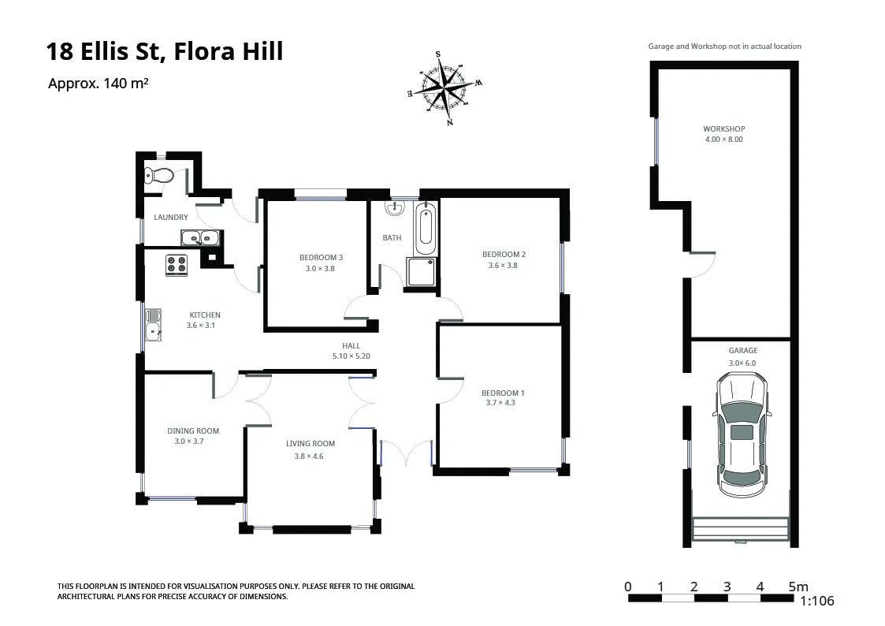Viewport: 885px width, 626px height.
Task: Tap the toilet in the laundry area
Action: (158, 176)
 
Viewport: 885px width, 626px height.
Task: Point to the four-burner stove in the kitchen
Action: (177, 265)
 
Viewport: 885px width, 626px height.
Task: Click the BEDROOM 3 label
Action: (321, 257)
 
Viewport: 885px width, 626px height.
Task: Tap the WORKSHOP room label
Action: (723, 129)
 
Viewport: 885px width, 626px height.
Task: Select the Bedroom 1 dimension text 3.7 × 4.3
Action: (500, 403)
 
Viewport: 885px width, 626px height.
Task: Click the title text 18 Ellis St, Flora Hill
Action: (165, 52)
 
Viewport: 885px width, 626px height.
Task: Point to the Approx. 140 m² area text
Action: (99, 84)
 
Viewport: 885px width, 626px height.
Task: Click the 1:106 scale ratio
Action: (816, 601)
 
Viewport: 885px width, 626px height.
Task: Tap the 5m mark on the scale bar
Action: (798, 587)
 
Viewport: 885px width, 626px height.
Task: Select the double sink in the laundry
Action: (199, 238)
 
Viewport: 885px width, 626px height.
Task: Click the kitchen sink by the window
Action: (153, 324)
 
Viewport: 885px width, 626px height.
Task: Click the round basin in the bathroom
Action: (393, 208)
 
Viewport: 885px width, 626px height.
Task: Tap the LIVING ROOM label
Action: (310, 444)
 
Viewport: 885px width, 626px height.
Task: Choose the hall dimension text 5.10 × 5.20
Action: (351, 356)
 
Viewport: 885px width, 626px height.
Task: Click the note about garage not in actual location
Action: (724, 47)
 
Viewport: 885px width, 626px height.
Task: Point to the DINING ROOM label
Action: (192, 431)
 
